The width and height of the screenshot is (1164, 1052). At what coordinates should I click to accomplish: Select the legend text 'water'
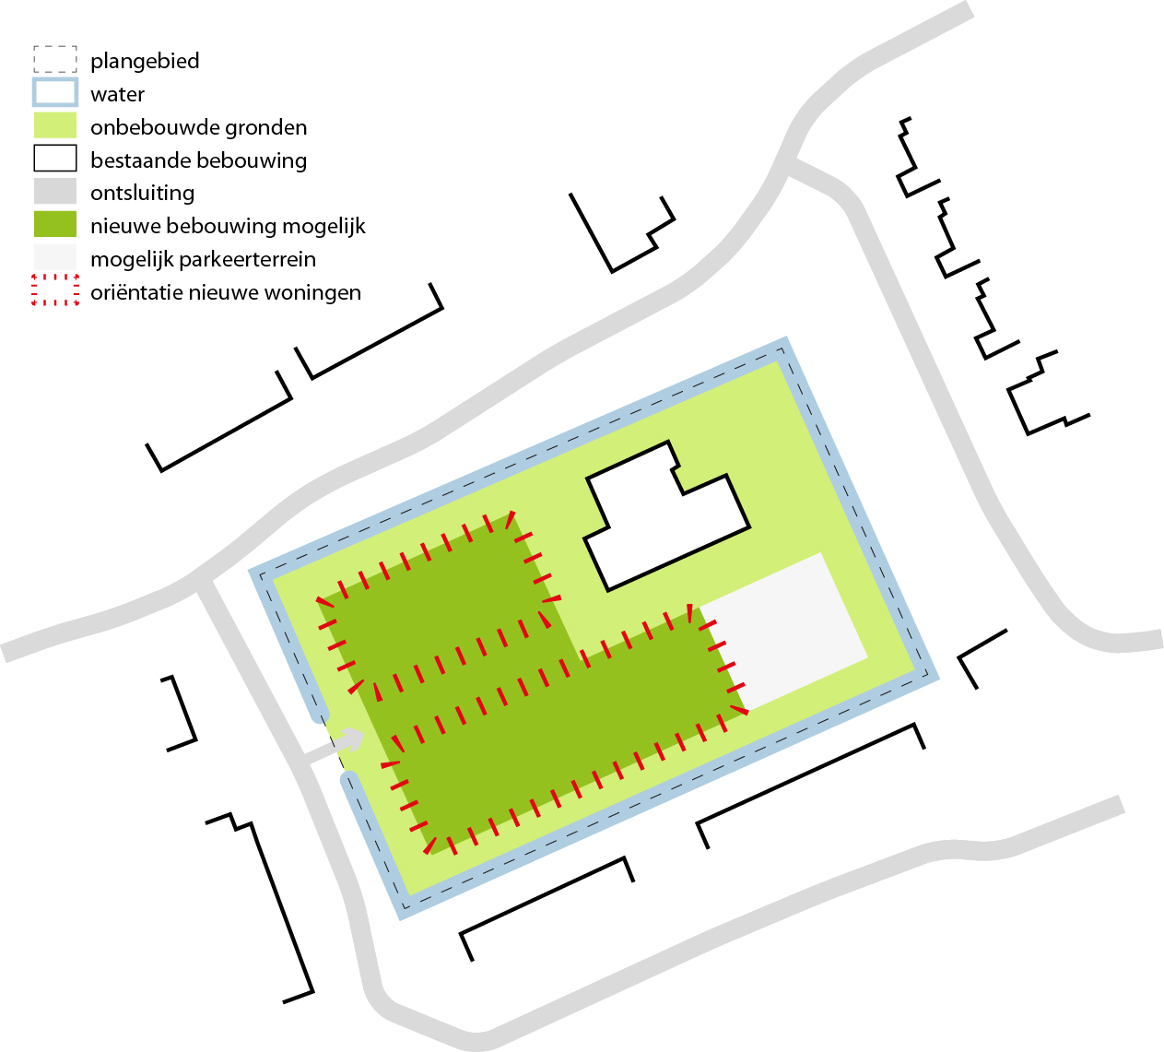[x=117, y=94]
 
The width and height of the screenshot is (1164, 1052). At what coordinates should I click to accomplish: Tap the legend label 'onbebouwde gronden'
[x=198, y=128]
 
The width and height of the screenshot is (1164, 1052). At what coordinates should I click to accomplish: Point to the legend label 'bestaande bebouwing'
[x=198, y=160]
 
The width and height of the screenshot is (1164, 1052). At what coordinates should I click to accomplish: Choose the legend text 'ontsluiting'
[x=142, y=194]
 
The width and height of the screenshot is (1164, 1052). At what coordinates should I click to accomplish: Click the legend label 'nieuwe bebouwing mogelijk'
[x=228, y=227]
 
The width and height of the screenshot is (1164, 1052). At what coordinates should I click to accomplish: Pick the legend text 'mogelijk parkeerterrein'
[x=203, y=259]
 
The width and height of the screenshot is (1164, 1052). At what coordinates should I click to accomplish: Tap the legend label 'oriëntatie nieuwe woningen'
[x=226, y=292]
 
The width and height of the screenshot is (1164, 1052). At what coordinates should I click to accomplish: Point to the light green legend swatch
[x=55, y=124]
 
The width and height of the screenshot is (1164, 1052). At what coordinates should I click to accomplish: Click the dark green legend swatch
[x=55, y=223]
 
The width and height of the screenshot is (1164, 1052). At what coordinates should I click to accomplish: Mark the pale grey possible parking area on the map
[x=783, y=630]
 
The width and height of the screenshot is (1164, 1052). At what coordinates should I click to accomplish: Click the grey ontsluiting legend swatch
[x=55, y=191]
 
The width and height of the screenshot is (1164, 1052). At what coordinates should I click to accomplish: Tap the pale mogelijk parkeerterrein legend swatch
[x=55, y=256]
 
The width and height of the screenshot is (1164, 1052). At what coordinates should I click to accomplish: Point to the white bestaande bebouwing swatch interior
[x=55, y=158]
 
